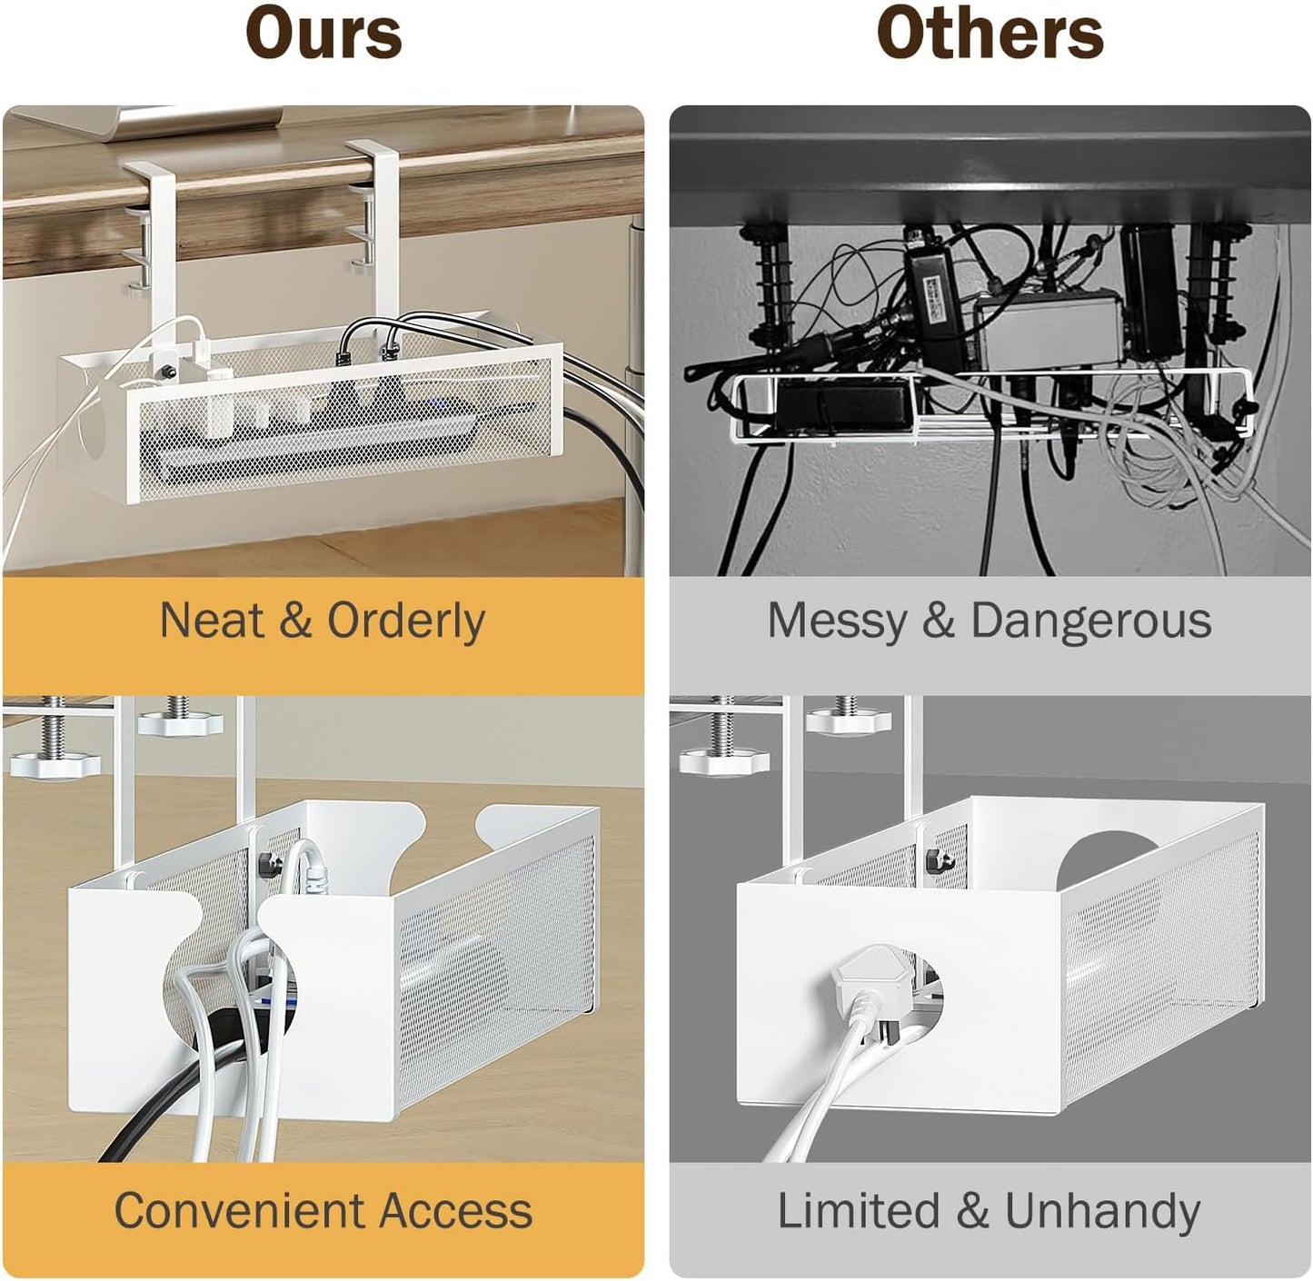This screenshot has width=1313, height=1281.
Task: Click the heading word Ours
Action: [324, 35]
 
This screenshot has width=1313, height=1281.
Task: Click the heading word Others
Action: [990, 35]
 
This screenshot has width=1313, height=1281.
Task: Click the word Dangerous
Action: [1091, 621]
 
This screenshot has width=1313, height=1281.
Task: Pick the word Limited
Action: [859, 1211]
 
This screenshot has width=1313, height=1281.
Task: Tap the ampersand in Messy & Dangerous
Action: [939, 621]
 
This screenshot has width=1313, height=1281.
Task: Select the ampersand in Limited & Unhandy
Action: [971, 1211]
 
